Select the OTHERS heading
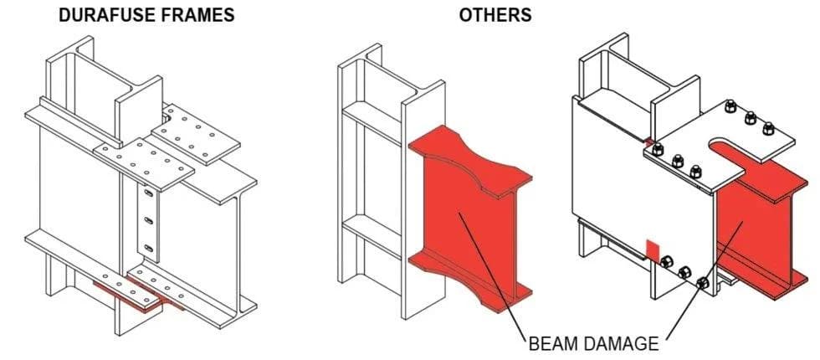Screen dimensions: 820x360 (x=495, y=15)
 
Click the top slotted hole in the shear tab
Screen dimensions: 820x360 (x=149, y=193)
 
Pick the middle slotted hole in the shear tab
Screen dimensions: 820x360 (x=149, y=221)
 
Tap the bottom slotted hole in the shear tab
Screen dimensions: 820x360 (x=149, y=248)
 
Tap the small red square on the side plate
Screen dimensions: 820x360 (x=653, y=249)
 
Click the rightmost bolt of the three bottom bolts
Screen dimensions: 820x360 (x=703, y=284)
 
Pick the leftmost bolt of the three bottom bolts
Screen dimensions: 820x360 (x=666, y=261)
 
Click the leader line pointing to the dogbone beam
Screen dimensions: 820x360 (x=493, y=276)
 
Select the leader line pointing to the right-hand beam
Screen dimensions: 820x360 (x=704, y=280)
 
